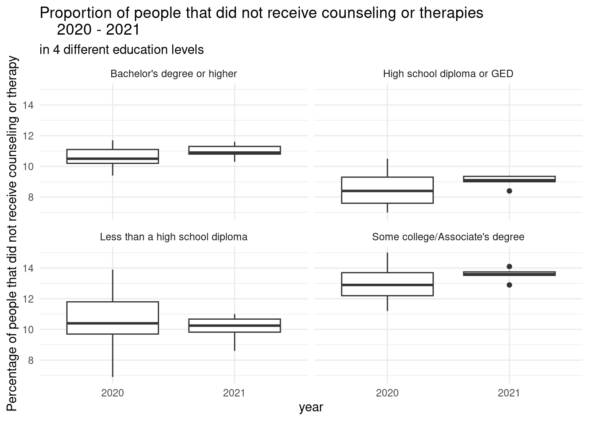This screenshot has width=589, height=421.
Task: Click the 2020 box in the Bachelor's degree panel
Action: (113, 156)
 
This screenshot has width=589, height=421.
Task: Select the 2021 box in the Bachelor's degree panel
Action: (234, 150)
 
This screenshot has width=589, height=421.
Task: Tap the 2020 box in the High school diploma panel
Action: (387, 190)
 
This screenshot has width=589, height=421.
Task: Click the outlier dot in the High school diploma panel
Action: (509, 191)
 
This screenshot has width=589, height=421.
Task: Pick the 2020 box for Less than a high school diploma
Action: (113, 318)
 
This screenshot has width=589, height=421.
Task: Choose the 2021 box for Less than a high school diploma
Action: (234, 325)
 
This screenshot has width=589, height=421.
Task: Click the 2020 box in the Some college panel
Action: (387, 284)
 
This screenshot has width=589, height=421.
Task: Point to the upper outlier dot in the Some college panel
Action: (509, 267)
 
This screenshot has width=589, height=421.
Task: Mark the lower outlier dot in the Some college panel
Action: (509, 285)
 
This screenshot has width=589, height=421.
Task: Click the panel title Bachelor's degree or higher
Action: (174, 74)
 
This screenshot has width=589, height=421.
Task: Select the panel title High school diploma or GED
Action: (448, 74)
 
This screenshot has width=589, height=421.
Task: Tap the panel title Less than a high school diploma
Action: (174, 237)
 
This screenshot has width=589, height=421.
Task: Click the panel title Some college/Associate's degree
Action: (448, 237)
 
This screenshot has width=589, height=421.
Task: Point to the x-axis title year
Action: (311, 407)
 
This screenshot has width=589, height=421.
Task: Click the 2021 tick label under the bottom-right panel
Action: (509, 393)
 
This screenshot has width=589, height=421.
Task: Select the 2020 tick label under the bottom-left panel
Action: (113, 393)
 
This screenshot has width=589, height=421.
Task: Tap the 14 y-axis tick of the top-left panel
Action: (30, 105)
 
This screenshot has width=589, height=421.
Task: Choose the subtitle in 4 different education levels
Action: (121, 50)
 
